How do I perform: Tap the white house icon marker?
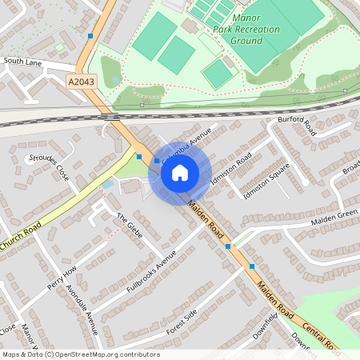tap(180, 172)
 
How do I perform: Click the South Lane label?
tap(22, 60)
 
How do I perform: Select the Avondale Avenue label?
tap(81, 309)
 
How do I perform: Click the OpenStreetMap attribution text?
tap(81, 354)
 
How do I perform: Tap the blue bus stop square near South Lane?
tap(90, 36)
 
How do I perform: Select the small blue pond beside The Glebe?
tap(107, 184)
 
